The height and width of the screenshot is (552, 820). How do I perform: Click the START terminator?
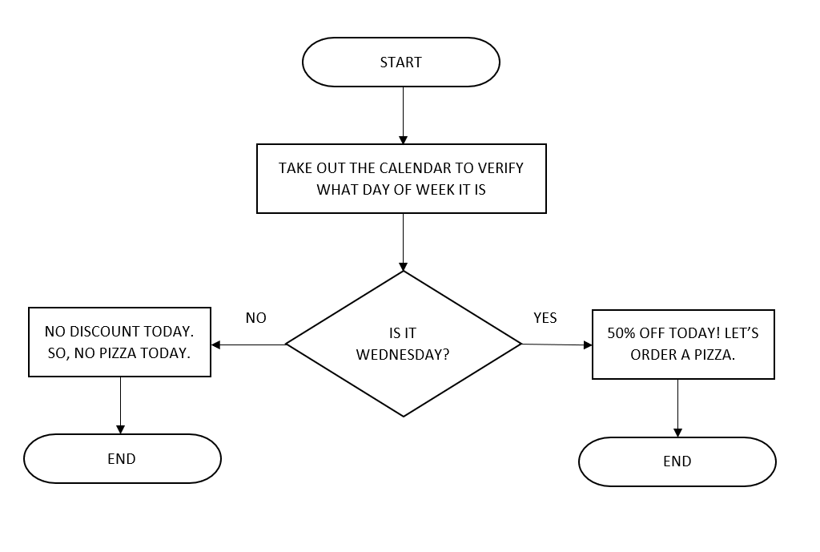[401, 62]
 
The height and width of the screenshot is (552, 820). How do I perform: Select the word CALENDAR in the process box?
[415, 168]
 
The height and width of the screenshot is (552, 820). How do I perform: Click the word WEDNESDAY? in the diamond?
[403, 355]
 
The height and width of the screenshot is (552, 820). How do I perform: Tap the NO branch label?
[255, 317]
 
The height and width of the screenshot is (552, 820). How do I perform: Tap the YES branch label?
[545, 317]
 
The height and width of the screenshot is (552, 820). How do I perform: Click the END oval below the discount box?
[123, 458]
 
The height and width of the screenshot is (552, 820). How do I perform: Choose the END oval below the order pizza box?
[677, 461]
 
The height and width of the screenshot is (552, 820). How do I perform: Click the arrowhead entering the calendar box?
[404, 139]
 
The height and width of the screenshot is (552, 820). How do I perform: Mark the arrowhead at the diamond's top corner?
[404, 267]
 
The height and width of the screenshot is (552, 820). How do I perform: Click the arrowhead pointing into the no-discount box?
[215, 344]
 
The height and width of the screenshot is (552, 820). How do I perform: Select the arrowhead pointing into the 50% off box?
[588, 345]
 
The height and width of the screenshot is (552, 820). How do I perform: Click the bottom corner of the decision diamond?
[404, 417]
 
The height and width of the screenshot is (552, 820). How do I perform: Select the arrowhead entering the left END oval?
[120, 430]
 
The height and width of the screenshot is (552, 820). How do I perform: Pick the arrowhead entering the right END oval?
[677, 433]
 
